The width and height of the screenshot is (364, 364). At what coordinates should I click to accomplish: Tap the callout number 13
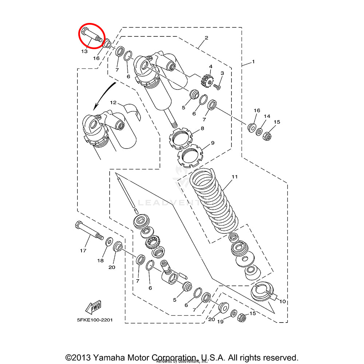[x=84, y=51]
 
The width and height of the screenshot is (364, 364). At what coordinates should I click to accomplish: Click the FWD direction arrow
[x=94, y=307]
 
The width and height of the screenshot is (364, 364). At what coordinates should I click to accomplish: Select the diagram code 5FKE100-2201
[x=95, y=320]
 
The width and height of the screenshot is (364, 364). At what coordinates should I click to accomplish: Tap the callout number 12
[x=113, y=103]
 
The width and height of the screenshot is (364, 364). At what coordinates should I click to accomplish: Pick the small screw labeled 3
[x=217, y=87]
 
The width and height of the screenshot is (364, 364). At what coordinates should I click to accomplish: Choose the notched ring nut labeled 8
[x=181, y=138]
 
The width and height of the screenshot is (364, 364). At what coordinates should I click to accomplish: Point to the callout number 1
[x=253, y=62]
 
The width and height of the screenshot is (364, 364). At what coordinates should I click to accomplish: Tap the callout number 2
[x=206, y=37]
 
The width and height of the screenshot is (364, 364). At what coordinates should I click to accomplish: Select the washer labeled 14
[x=260, y=131]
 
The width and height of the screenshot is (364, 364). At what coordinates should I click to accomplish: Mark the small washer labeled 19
[x=234, y=313]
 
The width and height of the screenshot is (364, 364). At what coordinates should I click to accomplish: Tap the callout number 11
[x=234, y=177]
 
